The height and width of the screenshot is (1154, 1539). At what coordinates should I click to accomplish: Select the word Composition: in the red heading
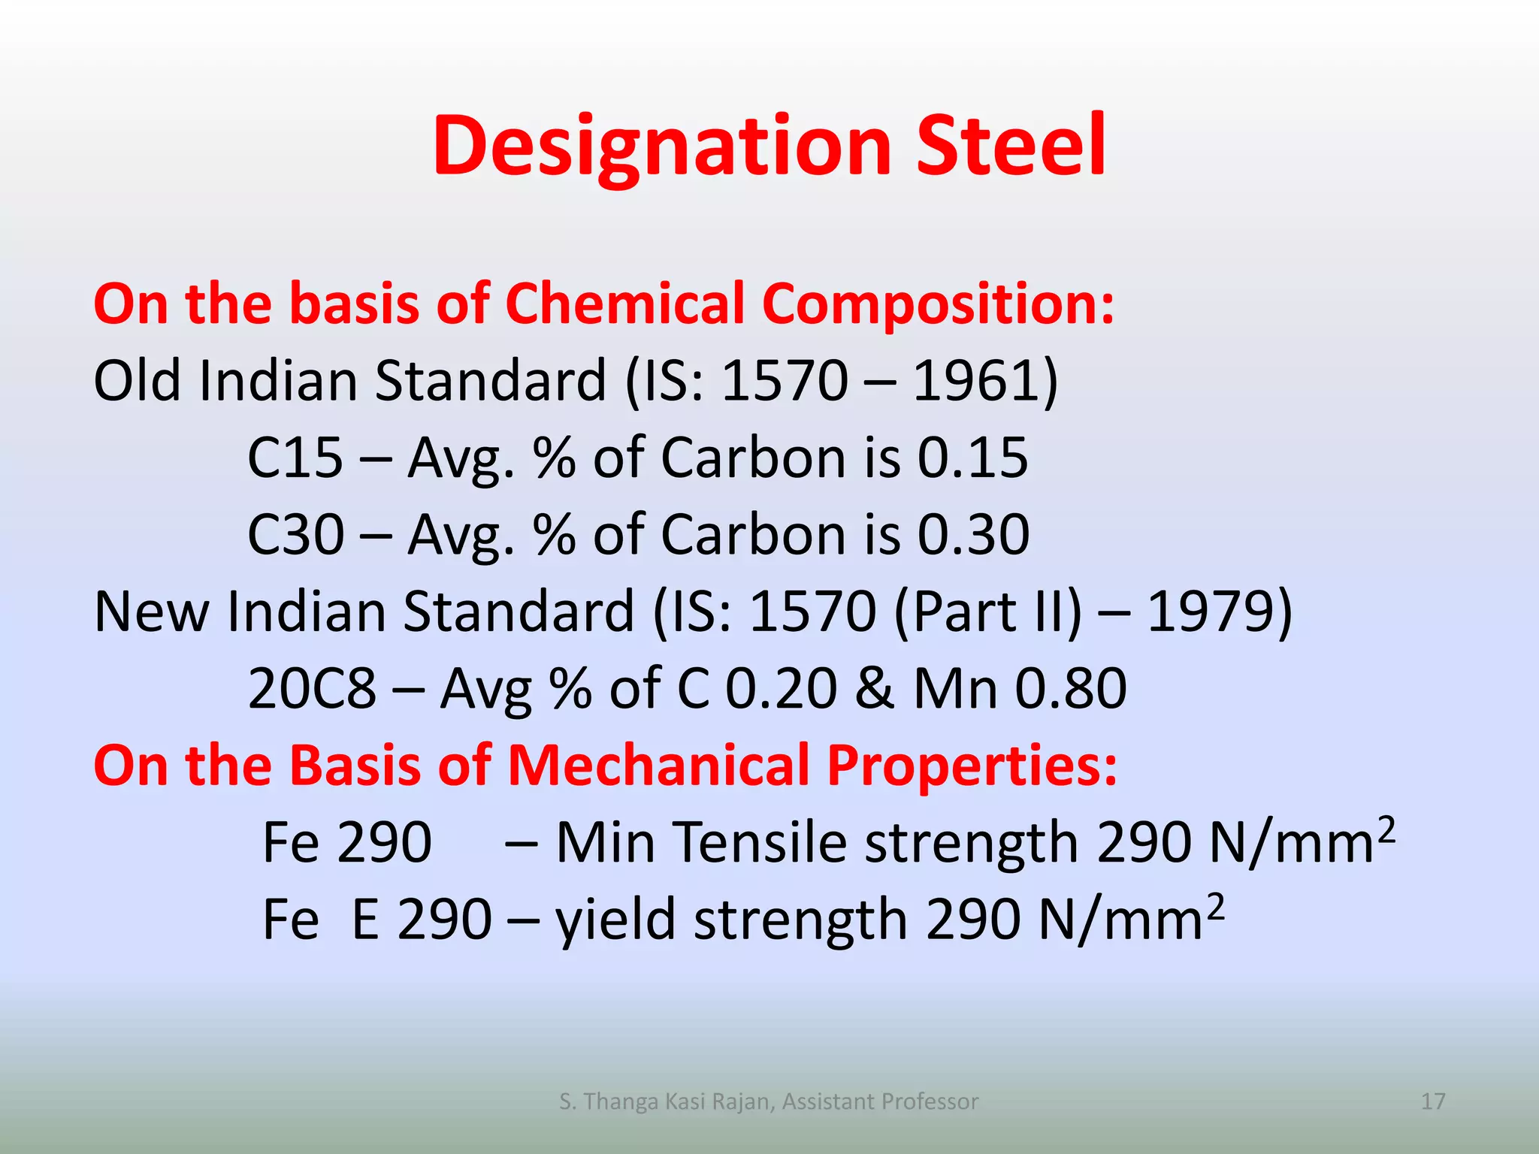point(939,304)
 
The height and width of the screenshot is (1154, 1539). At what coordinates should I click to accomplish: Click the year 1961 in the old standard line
point(977,380)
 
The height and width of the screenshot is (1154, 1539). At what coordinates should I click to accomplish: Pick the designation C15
point(295,458)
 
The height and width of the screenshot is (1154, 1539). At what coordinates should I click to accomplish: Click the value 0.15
point(972,458)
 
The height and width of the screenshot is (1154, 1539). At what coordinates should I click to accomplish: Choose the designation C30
point(296,534)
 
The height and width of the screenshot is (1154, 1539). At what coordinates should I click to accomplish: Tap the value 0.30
point(973,534)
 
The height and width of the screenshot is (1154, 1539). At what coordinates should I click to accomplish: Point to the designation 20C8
point(312,688)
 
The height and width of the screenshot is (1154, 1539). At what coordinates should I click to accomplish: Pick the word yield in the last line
point(615,920)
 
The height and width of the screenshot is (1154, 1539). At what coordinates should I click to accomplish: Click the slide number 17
point(1433,1101)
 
